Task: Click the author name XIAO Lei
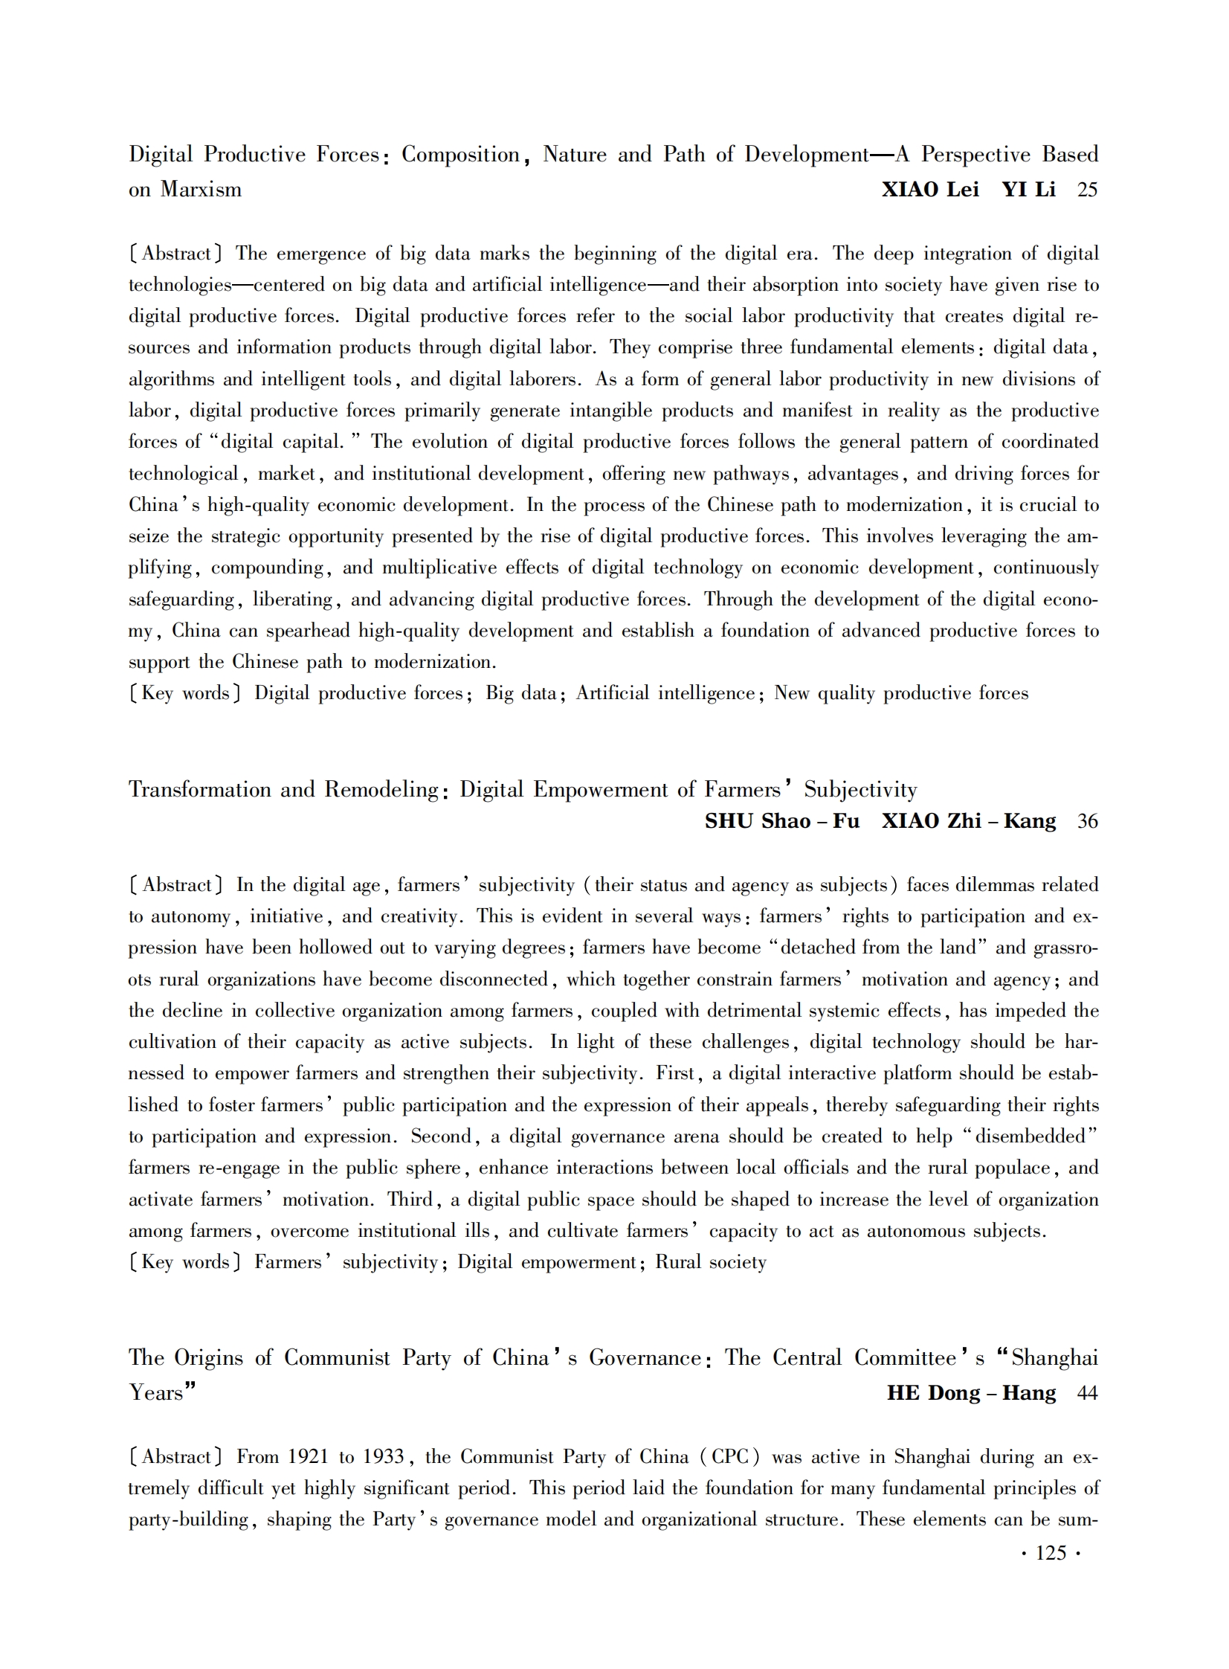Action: tap(930, 190)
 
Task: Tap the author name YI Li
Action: tap(1028, 190)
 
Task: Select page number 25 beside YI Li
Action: tap(1087, 190)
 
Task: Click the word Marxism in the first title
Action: tap(201, 190)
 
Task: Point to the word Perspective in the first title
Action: tap(976, 155)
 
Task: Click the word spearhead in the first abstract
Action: tap(308, 631)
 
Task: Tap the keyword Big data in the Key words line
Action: tap(520, 693)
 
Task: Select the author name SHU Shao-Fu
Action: tap(782, 821)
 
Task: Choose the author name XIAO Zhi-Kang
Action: tap(969, 821)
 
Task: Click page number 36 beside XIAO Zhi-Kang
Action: tap(1087, 821)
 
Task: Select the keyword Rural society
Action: tap(711, 1263)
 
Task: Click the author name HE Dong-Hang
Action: tap(971, 1393)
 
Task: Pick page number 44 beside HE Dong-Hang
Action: tap(1087, 1393)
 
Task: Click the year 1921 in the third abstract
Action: tap(308, 1457)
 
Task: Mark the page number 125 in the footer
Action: tap(1051, 1553)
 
